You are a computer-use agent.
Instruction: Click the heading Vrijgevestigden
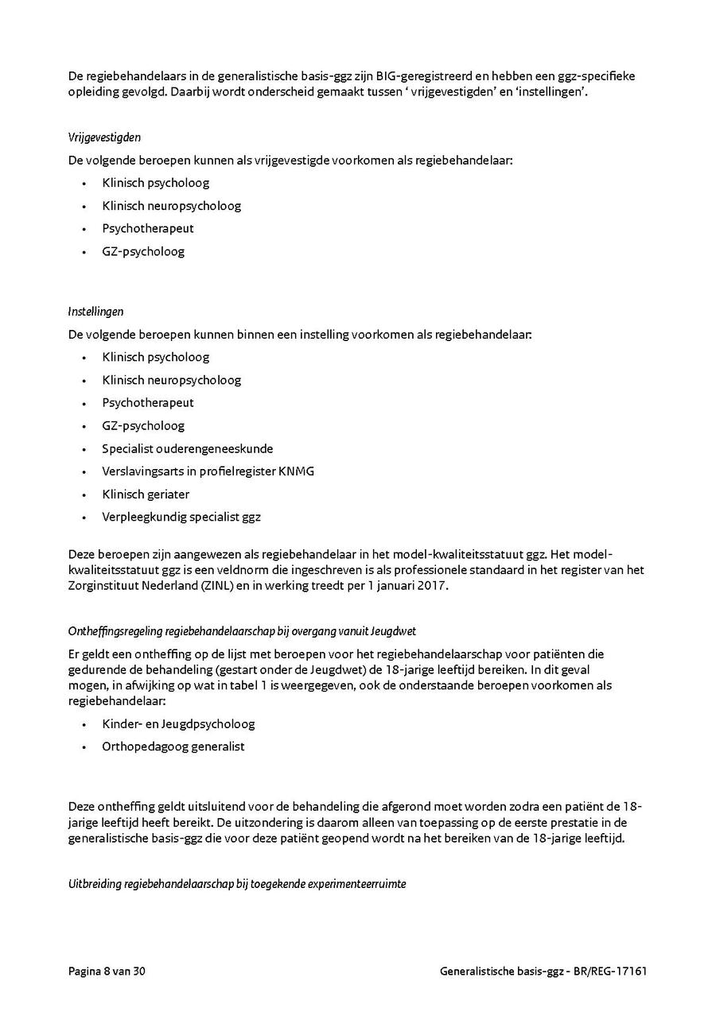(x=104, y=138)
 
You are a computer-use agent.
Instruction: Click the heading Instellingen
(x=95, y=312)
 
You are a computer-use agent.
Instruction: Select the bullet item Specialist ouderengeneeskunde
(x=187, y=448)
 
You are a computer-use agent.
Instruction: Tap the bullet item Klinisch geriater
(x=146, y=494)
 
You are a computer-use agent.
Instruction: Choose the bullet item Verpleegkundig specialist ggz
(x=181, y=517)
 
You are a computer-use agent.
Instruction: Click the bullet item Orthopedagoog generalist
(x=173, y=746)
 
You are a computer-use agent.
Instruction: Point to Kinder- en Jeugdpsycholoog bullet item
(x=178, y=724)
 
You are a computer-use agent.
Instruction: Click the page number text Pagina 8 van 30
(x=107, y=971)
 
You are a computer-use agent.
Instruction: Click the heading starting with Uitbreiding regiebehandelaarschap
(x=237, y=883)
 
